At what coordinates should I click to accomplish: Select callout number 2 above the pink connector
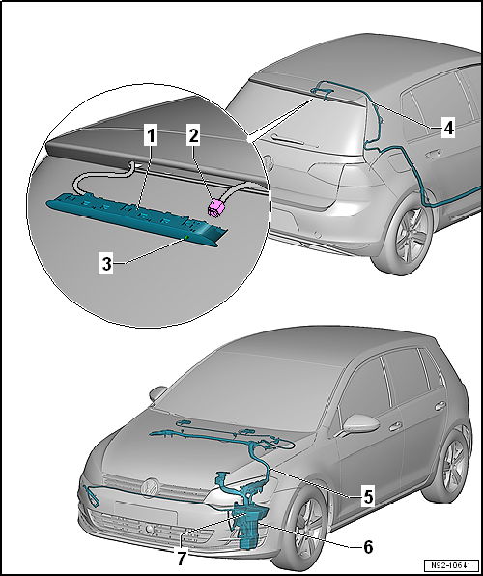click(193, 136)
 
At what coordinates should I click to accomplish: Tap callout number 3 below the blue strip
click(106, 264)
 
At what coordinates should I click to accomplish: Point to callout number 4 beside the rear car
click(448, 128)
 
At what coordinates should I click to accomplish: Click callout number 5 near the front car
click(368, 497)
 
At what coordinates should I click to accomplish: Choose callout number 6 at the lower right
click(368, 547)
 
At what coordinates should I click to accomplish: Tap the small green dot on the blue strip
click(186, 238)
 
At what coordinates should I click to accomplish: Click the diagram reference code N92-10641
click(452, 564)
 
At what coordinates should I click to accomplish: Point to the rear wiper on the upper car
click(295, 142)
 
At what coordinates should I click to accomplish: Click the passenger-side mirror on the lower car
click(360, 424)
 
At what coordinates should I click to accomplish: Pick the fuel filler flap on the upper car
click(397, 162)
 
